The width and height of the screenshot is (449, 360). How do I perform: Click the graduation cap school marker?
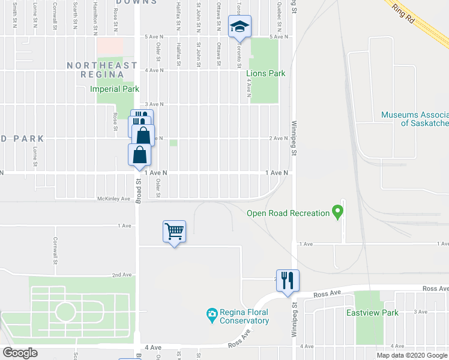240,26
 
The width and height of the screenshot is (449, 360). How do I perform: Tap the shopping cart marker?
174,230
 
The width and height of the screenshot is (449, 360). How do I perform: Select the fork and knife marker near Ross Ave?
288,280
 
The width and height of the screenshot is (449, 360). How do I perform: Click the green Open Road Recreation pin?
337,211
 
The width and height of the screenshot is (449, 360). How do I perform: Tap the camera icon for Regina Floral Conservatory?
211,314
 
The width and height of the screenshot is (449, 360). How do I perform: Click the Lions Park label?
265,73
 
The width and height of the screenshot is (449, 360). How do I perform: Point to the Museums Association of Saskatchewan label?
415,119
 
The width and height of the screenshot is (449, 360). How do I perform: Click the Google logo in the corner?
20,353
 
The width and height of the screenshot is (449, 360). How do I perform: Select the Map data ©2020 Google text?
412,355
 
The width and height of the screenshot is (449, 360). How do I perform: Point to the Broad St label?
137,191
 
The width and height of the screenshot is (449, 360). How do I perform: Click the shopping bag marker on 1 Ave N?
139,155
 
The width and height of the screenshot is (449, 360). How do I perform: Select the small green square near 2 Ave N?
173,143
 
